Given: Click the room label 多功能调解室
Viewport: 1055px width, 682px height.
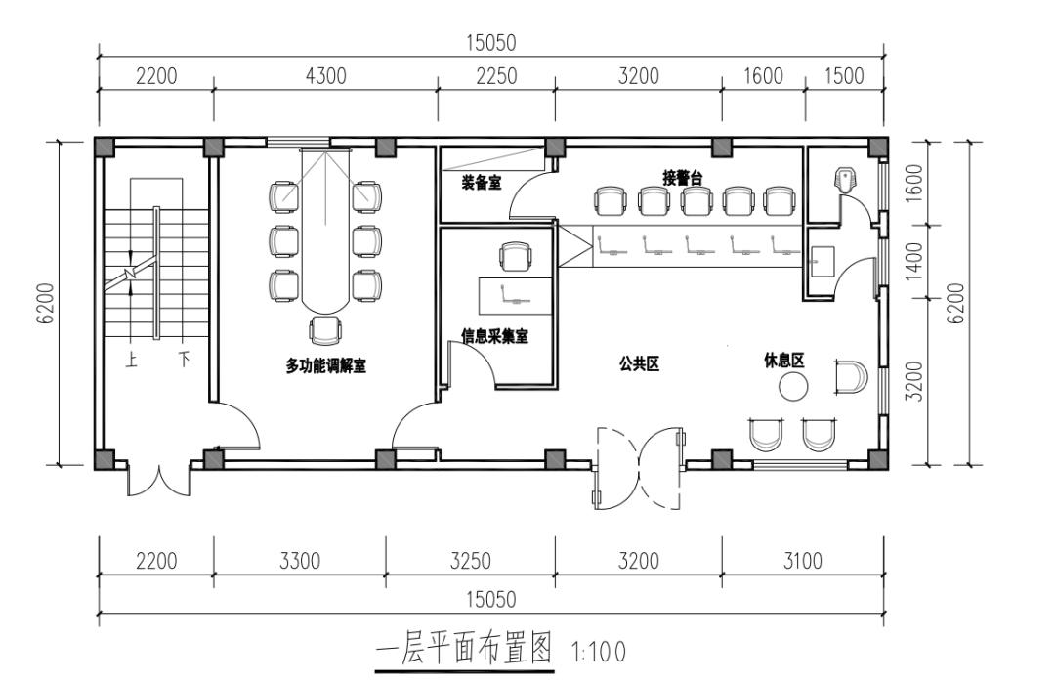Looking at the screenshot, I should [x=325, y=365].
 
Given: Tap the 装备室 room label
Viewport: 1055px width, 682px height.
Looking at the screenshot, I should [x=482, y=182].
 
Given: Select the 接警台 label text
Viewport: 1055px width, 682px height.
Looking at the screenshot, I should [x=682, y=178].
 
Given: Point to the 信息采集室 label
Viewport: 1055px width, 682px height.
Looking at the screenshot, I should [x=494, y=336].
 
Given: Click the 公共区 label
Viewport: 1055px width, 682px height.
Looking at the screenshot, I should [x=640, y=363].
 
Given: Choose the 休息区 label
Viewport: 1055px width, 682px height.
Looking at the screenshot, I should [x=783, y=361].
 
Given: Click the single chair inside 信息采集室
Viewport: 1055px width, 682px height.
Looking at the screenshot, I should [x=517, y=257].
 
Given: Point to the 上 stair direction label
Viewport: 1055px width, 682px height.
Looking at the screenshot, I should [x=132, y=360].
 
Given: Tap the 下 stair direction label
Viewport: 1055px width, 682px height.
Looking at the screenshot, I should [x=183, y=360].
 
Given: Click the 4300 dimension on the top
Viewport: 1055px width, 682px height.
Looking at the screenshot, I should [x=325, y=77].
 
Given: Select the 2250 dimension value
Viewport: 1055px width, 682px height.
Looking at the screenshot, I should [x=495, y=77].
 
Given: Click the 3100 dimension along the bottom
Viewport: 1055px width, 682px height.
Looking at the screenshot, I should [x=803, y=561].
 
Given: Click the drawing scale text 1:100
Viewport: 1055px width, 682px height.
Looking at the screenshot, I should [x=597, y=650].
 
